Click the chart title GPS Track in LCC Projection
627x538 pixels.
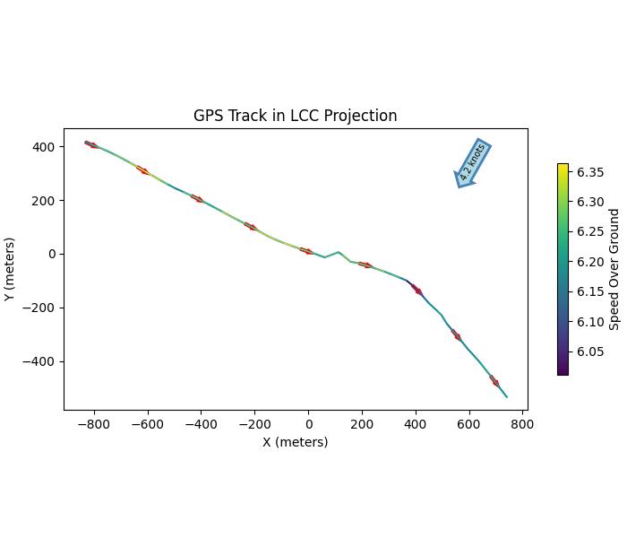(x=295, y=116)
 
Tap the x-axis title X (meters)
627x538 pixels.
(x=295, y=442)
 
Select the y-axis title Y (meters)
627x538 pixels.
(x=10, y=269)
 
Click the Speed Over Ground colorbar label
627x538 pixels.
(x=614, y=269)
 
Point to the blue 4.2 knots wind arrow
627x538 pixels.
(x=471, y=163)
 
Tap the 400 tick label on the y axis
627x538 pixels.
(x=44, y=147)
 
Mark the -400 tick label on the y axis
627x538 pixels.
(x=40, y=361)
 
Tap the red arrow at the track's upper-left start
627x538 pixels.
(x=90, y=143)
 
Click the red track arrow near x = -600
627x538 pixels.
(x=143, y=169)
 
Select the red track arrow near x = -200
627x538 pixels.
(x=251, y=226)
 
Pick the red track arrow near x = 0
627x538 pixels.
(x=306, y=251)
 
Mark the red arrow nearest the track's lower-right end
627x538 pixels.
(x=494, y=381)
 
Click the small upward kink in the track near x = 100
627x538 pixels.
(x=338, y=253)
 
